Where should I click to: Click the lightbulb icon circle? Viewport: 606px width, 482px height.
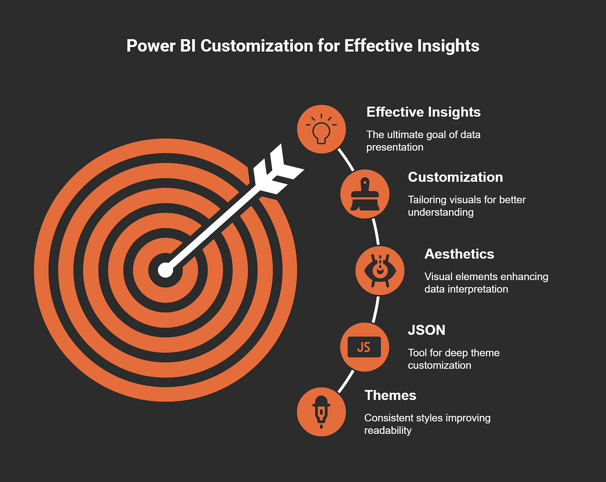(x=321, y=129)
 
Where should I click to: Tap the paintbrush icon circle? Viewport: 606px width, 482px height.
(x=365, y=194)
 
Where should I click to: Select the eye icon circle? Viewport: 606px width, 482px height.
(x=380, y=271)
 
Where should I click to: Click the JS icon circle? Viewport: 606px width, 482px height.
(x=365, y=347)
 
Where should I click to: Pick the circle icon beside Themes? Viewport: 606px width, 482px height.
(x=321, y=412)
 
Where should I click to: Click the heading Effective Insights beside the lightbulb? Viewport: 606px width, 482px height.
(x=423, y=112)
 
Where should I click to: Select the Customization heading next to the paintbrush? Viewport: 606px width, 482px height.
(x=455, y=177)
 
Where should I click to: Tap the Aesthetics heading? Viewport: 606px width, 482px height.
(x=459, y=254)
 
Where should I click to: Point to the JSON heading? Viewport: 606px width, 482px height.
(x=427, y=330)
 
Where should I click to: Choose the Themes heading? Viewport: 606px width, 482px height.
(x=390, y=395)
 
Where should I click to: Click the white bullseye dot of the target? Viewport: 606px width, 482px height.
(x=166, y=270)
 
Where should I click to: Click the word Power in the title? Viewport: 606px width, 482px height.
(x=151, y=46)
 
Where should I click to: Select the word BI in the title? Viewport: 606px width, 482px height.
(x=188, y=46)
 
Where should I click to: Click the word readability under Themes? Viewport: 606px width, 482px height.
(x=388, y=430)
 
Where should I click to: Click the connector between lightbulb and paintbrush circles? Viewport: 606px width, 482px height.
(x=346, y=160)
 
